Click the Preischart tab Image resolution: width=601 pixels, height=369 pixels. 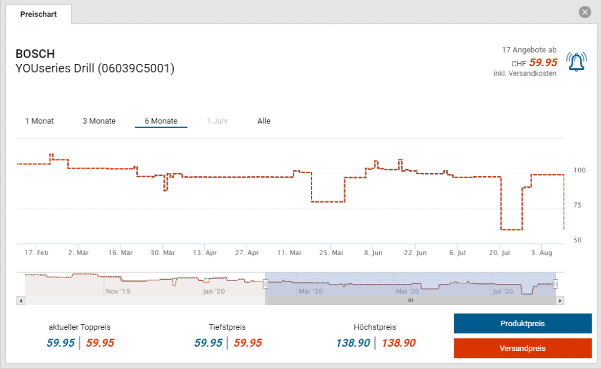38,14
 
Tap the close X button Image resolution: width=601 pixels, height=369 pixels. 585,12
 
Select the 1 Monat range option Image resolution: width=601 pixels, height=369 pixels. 39,121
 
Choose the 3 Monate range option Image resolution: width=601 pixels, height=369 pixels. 99,121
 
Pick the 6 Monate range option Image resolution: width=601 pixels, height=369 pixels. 161,121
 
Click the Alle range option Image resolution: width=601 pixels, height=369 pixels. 264,121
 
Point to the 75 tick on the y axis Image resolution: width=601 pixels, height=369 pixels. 578,205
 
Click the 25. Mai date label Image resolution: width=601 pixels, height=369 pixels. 331,253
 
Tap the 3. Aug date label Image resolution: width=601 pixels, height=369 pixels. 541,253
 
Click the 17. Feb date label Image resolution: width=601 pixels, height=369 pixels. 36,253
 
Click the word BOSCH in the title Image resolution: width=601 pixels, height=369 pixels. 35,55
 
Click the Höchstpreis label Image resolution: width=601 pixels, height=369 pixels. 375,327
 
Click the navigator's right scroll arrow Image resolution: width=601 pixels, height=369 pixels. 561,300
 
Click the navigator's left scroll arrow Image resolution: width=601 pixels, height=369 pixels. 21,300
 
